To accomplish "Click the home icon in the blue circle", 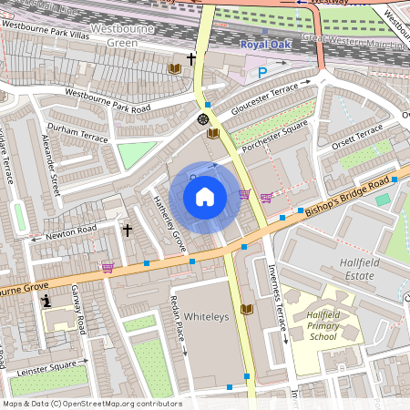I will [205, 197].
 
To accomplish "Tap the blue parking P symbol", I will [263, 72].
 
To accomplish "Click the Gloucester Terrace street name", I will [264, 96].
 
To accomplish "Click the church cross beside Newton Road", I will [128, 231].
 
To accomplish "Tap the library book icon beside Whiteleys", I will [245, 310].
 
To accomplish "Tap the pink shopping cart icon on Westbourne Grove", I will [108, 267].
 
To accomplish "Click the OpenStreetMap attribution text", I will [92, 404].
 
